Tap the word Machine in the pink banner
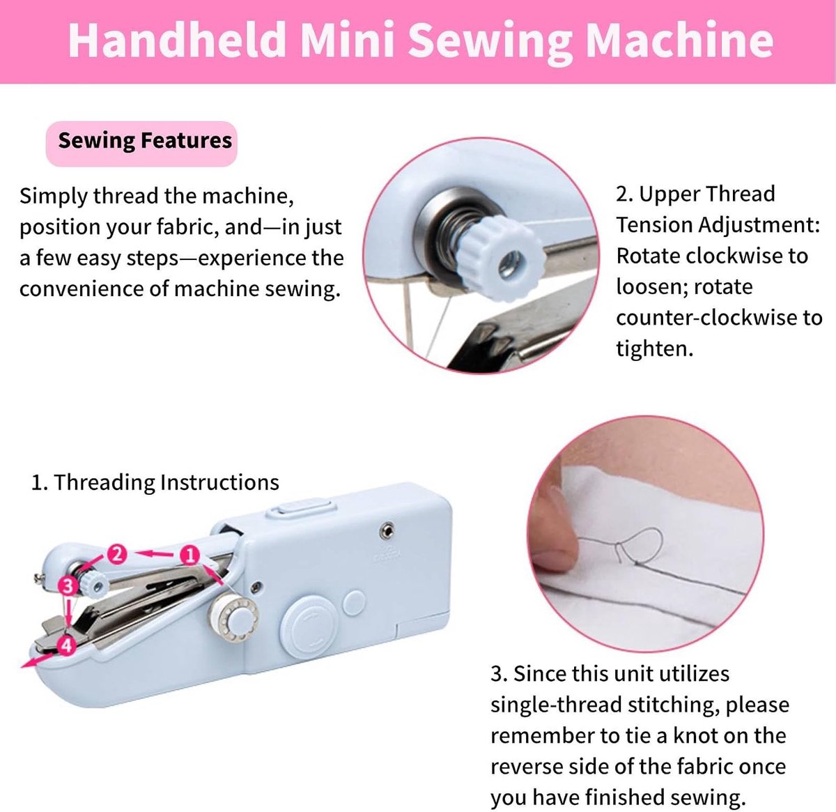point(679,40)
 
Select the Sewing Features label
point(145,141)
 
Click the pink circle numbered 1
point(189,556)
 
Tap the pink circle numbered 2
point(117,555)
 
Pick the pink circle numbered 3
point(68,585)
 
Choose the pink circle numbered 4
point(67,645)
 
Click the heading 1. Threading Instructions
point(155,482)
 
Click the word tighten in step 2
point(654,348)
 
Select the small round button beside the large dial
point(355,603)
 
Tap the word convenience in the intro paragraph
point(81,289)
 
